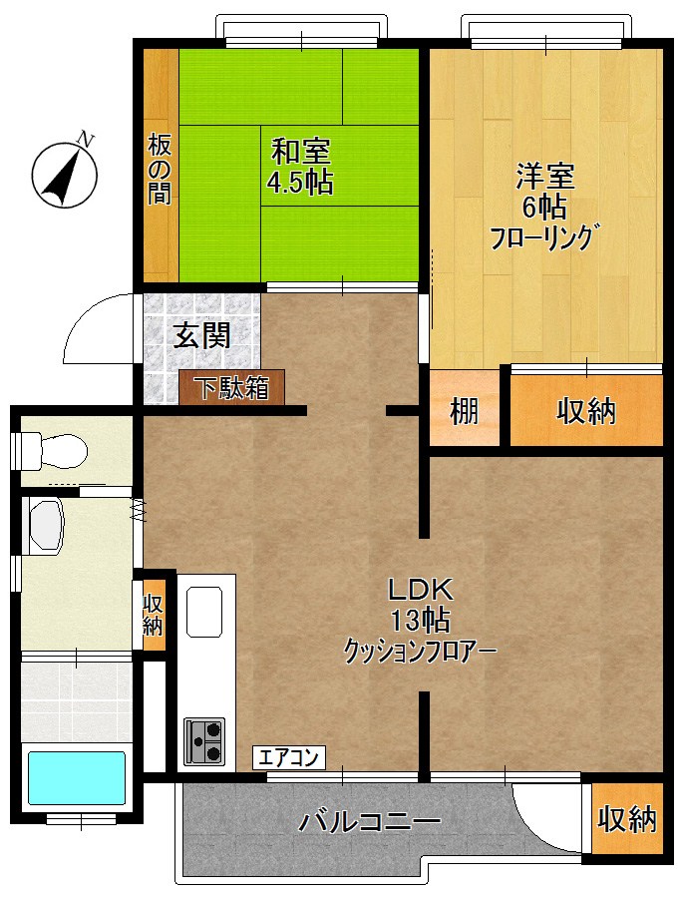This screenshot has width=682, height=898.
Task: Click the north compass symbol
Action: point(65,174)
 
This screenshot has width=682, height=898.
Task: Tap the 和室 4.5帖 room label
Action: point(300,167)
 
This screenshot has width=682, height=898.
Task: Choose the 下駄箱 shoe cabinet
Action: point(231,387)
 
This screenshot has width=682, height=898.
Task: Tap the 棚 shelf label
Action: point(465,411)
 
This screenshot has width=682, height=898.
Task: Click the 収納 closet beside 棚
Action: point(586,411)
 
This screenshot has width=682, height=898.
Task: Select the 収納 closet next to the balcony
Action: point(627,819)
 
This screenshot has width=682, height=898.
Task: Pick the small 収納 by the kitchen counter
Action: point(153,615)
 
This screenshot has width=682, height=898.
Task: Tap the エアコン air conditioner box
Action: point(288,757)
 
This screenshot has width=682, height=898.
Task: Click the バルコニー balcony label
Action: point(370,823)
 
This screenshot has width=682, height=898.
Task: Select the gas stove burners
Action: point(204,740)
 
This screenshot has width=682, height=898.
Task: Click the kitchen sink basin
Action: point(204,611)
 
